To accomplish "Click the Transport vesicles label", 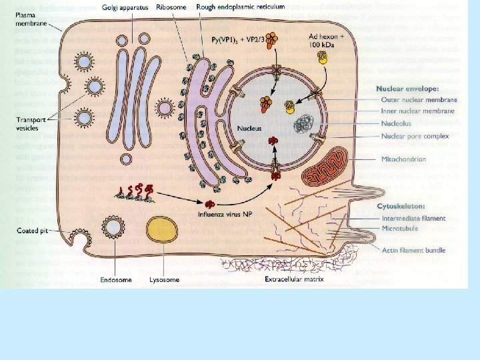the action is (32, 124).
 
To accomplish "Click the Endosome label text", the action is (114, 280).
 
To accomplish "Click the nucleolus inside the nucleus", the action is (306, 123).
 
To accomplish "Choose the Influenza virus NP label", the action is (224, 215).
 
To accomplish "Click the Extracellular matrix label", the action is (294, 279).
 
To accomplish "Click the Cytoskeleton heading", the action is (401, 207).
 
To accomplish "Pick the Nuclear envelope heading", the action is (407, 88).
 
